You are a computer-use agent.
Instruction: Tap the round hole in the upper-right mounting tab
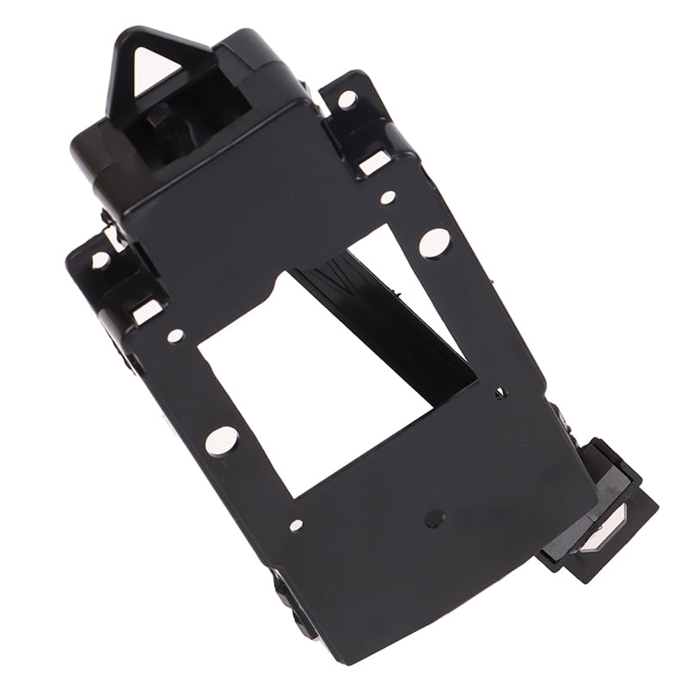347,100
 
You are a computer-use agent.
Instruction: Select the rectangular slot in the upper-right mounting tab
375,161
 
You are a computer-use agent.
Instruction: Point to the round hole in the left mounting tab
101,259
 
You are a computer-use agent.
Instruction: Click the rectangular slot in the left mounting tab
147,311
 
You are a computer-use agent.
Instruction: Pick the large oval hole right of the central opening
434,243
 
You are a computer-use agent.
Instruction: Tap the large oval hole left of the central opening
221,440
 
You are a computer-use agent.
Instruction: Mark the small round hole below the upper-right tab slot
388,197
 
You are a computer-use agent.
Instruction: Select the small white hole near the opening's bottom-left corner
296,525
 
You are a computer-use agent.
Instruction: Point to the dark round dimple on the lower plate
435,518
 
